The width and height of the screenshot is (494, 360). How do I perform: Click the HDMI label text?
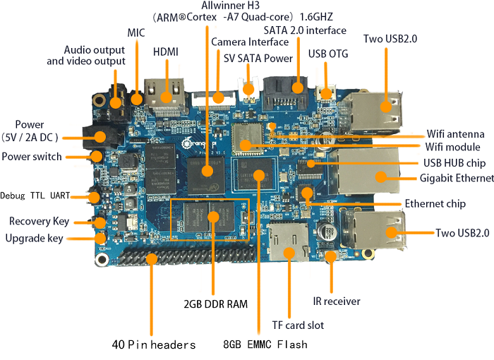166,52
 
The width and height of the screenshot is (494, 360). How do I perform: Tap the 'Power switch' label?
32,157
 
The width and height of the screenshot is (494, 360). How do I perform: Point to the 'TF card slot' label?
298,325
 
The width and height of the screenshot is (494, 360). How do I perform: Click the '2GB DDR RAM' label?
215,304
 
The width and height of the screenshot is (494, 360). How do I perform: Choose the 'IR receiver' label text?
337,301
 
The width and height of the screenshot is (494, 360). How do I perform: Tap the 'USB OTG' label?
327,53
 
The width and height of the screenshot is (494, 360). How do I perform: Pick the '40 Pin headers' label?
154,345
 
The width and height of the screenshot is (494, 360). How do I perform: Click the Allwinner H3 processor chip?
207,170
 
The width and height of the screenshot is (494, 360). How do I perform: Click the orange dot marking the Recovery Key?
100,223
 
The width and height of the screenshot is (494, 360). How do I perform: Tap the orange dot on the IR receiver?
330,258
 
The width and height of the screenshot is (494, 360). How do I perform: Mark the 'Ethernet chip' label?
435,204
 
